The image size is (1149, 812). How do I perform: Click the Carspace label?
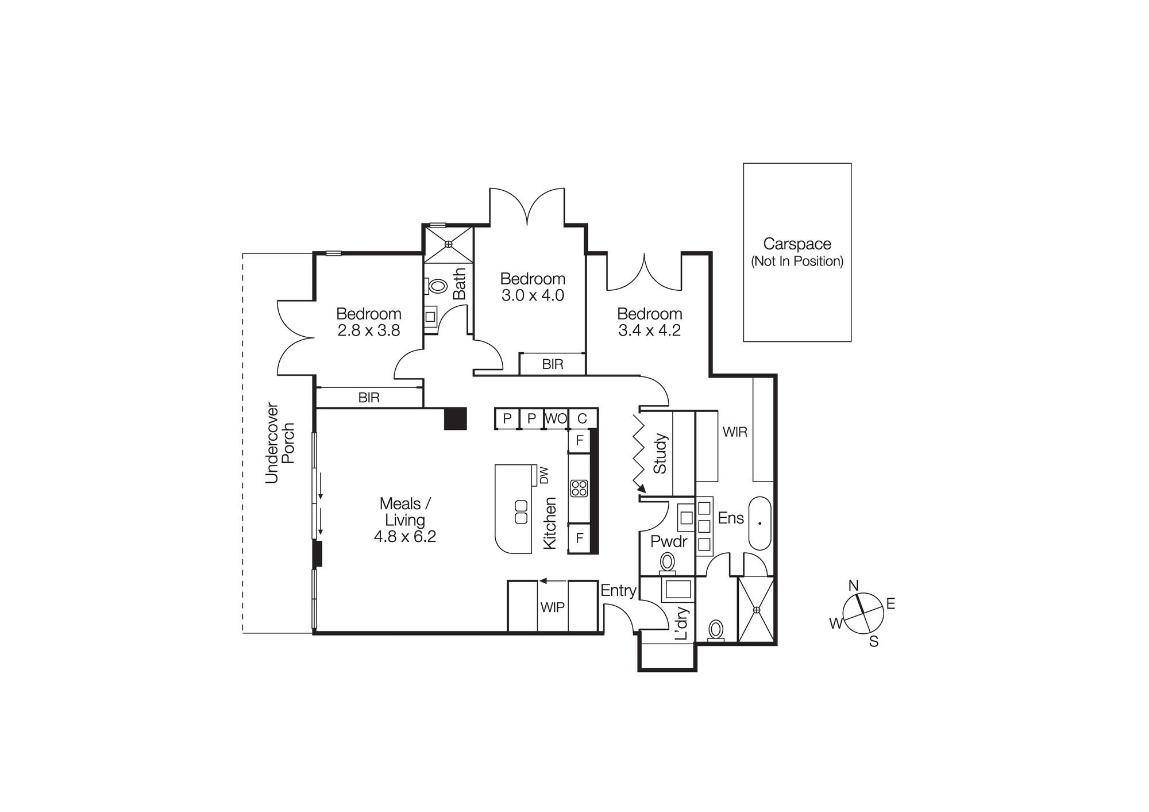tap(797, 244)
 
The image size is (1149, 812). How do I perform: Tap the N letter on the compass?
tap(853, 586)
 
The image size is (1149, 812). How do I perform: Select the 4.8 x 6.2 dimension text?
tap(405, 537)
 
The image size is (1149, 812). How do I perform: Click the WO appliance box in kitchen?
tap(556, 419)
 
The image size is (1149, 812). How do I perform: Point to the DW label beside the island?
tap(544, 475)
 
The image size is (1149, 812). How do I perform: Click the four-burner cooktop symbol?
tap(579, 488)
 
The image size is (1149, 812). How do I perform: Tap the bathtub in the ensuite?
tap(759, 523)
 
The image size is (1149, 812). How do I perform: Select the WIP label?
tap(552, 607)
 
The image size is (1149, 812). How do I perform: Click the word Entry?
tap(618, 591)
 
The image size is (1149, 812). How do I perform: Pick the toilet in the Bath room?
tap(437, 286)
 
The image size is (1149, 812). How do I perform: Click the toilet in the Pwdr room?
tap(667, 561)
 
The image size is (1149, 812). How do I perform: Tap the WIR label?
tap(735, 432)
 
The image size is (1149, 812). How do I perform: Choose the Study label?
tap(660, 454)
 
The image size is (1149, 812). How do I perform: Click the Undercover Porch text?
tap(280, 443)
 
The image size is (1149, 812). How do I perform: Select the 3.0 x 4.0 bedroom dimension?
tap(533, 295)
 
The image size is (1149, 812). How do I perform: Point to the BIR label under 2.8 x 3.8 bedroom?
tap(369, 398)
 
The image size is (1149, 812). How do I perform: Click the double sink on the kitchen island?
tap(520, 512)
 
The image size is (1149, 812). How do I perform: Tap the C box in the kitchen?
tap(582, 419)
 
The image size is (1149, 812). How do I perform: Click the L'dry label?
tap(681, 624)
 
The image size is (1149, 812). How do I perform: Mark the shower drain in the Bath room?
tap(449, 244)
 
